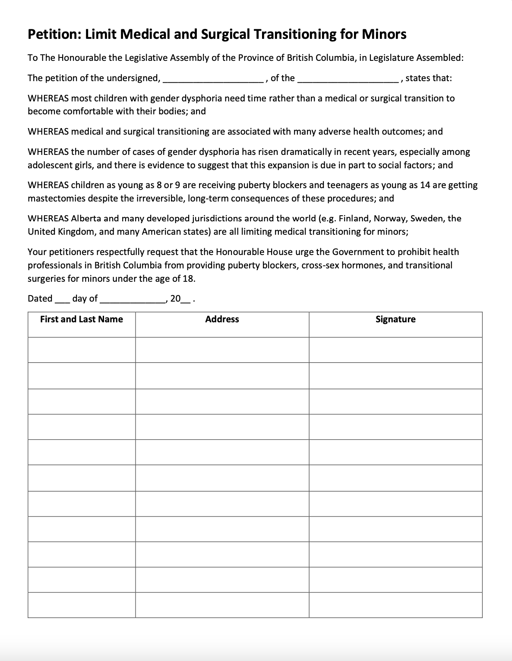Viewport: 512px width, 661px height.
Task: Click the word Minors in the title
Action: coord(384,34)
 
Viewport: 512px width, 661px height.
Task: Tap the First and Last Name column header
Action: coord(82,319)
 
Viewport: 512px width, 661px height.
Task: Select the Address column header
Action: coord(222,319)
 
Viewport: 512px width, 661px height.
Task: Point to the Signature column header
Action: coord(395,319)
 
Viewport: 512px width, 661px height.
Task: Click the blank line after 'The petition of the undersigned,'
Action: coord(213,79)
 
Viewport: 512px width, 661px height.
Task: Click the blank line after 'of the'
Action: coord(348,79)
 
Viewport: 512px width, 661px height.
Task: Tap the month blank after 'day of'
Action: coord(132,300)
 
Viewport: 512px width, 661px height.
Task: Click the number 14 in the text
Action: coord(425,185)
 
